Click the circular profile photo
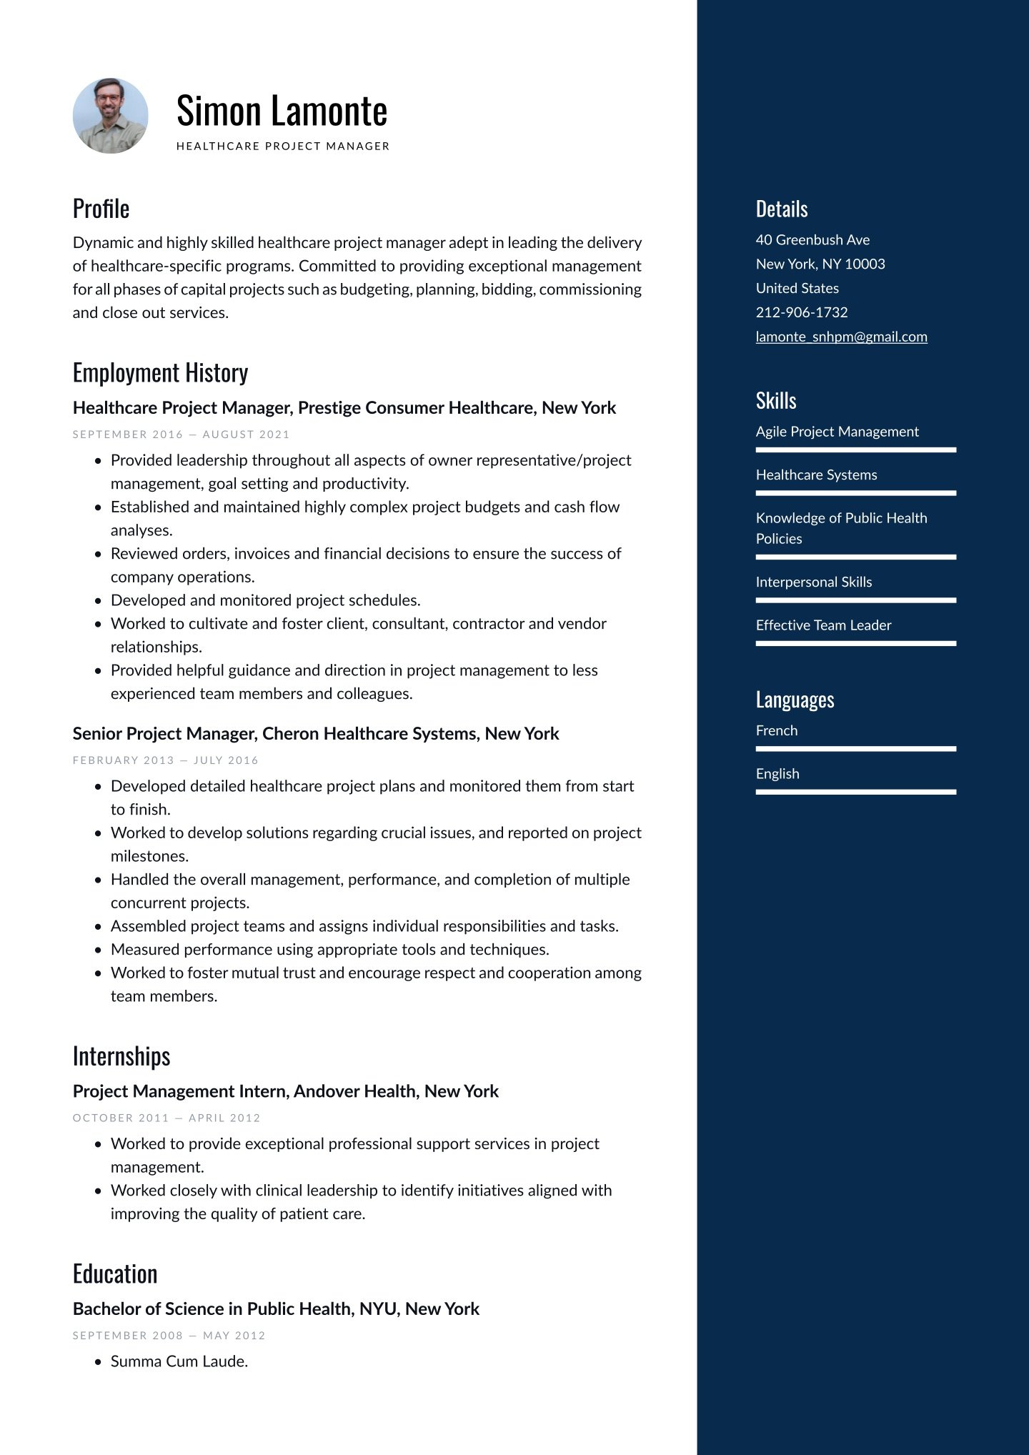(x=110, y=116)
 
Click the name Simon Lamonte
(x=282, y=111)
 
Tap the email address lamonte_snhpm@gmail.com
(x=841, y=337)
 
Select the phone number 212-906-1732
(x=802, y=312)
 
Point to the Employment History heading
(x=160, y=373)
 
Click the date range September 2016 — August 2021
(x=182, y=434)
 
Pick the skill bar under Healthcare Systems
(x=855, y=493)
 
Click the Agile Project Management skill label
(x=837, y=432)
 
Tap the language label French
(x=777, y=730)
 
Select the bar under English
(x=855, y=792)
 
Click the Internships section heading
(x=121, y=1056)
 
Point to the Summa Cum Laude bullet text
(x=179, y=1361)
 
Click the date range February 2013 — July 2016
(x=166, y=760)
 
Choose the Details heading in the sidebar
(x=782, y=209)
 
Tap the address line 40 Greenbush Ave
(x=812, y=240)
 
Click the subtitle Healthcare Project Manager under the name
(x=283, y=147)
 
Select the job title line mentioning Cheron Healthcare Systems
(x=316, y=734)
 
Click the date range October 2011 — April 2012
(x=166, y=1118)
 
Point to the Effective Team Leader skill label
(x=823, y=625)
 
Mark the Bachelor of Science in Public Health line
(x=276, y=1308)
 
